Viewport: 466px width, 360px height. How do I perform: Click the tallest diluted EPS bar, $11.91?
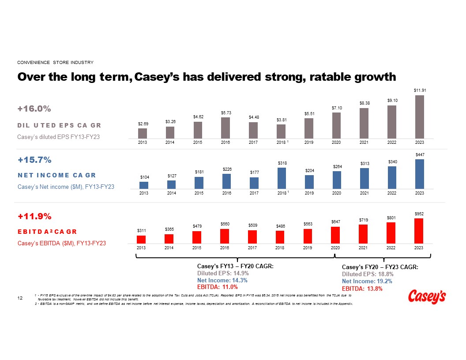(419, 117)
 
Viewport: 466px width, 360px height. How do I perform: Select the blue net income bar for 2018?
(282, 178)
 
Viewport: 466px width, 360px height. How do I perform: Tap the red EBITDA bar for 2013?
(141, 240)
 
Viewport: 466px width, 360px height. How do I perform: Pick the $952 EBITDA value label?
(419, 214)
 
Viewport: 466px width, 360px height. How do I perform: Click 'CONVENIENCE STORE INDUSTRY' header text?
(55, 62)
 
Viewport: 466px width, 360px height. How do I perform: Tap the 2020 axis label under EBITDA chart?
(335, 248)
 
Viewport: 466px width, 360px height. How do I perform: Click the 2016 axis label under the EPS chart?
(225, 142)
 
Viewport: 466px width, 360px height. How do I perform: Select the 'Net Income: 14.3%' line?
(222, 280)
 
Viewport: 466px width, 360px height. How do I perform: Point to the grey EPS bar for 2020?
(336, 126)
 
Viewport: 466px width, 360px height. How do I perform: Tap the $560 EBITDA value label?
(225, 224)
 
